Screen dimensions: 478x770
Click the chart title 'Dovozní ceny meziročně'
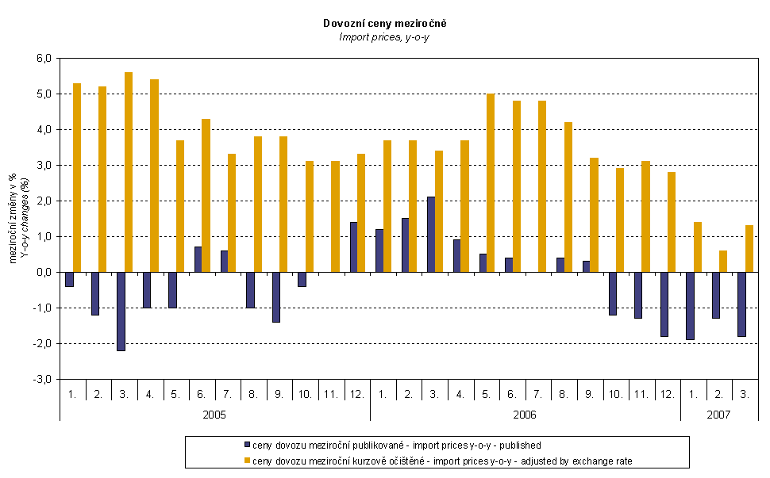(383, 24)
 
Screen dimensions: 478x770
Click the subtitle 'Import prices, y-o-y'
(383, 36)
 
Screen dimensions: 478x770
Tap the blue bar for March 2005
(121, 312)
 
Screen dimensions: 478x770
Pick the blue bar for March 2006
(431, 235)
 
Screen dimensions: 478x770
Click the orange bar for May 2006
(491, 183)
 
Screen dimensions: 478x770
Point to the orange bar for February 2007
(723, 262)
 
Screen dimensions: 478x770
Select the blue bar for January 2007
(690, 306)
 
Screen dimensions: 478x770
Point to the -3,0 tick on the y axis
(41, 380)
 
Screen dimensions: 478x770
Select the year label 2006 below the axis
(525, 415)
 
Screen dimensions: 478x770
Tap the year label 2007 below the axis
(718, 415)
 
